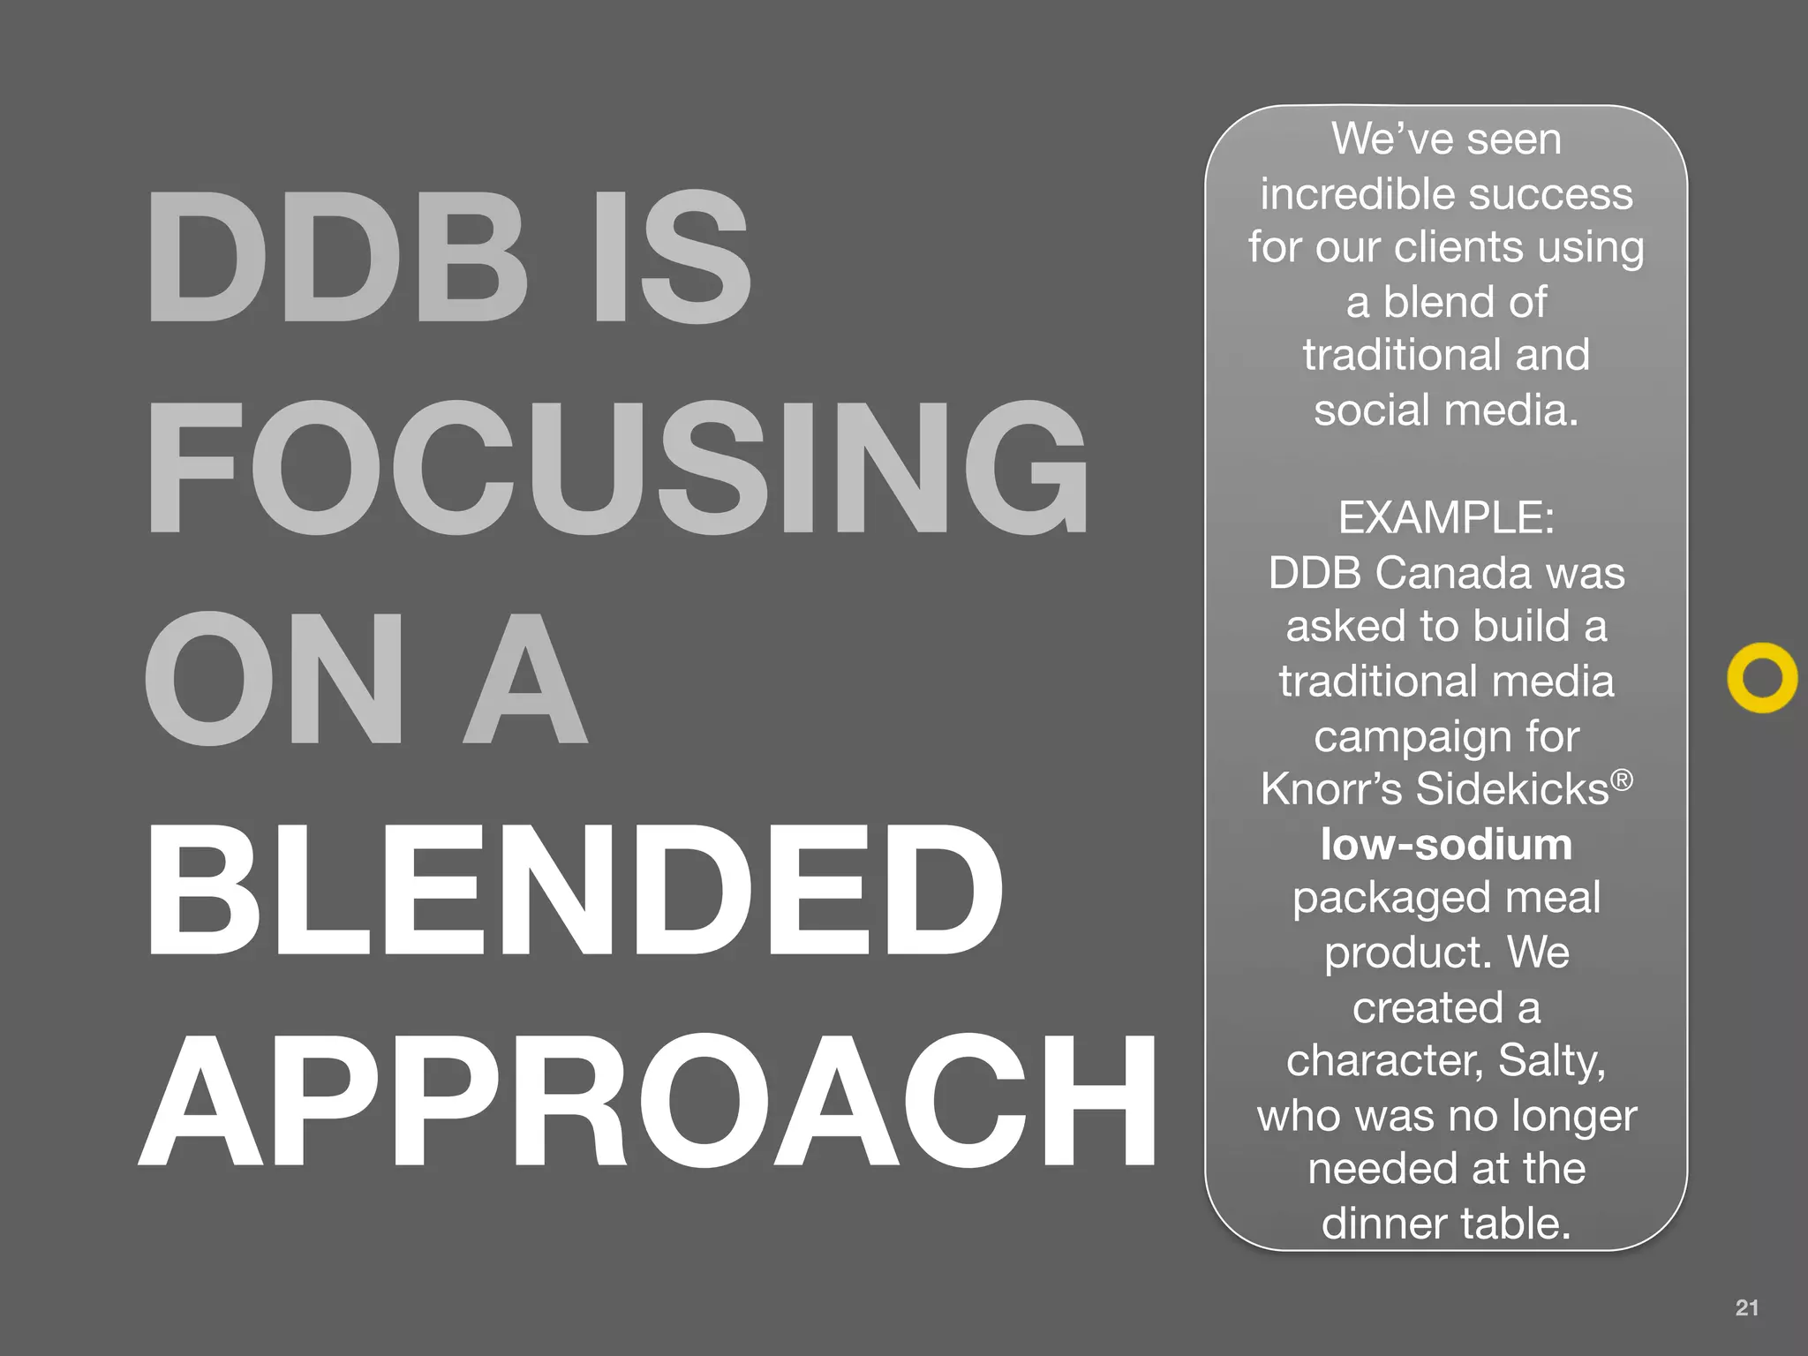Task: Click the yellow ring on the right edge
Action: pyautogui.click(x=1762, y=677)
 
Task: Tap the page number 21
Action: pyautogui.click(x=1746, y=1307)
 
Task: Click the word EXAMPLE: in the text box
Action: pyautogui.click(x=1446, y=517)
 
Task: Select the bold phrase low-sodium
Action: pyautogui.click(x=1446, y=845)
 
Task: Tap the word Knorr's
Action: pyautogui.click(x=1331, y=788)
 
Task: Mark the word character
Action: pyautogui.click(x=1383, y=1061)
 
